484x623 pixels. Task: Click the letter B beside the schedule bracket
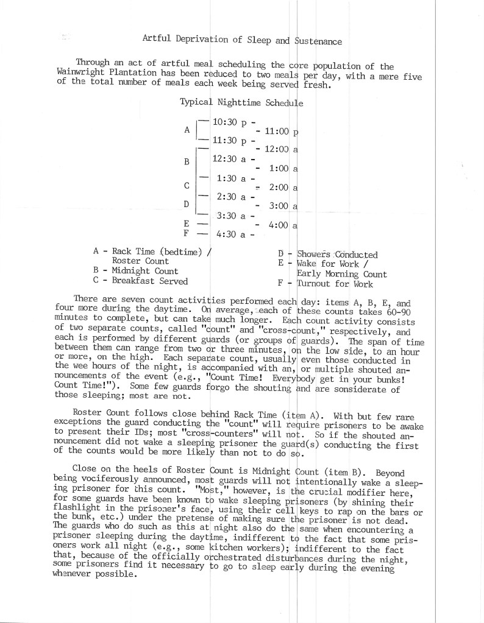[x=187, y=161]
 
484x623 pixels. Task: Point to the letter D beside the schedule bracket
[x=187, y=204]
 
